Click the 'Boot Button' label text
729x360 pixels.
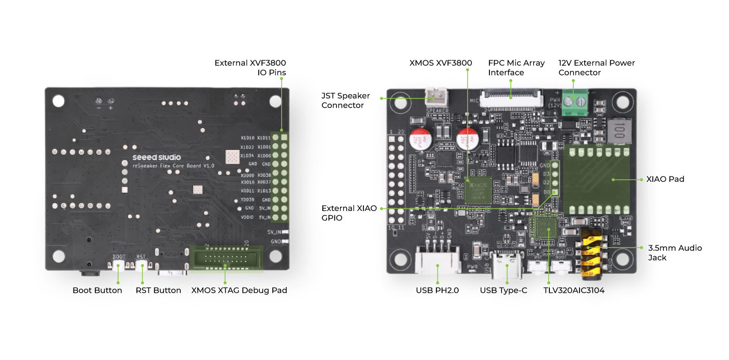tap(97, 290)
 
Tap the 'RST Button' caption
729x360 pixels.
tap(158, 290)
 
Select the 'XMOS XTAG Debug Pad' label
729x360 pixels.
tap(239, 290)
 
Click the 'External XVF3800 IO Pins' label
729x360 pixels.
tap(250, 68)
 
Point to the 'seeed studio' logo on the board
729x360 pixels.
tap(157, 157)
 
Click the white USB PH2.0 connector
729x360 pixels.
tap(438, 260)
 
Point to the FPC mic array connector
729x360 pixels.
tap(511, 97)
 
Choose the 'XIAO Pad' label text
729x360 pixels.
tap(665, 179)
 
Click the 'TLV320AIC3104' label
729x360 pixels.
tap(574, 290)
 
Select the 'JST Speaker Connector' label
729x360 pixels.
tap(346, 101)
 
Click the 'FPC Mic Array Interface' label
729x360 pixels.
tap(516, 68)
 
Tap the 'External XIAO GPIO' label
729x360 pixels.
tap(349, 213)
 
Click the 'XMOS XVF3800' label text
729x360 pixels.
tap(441, 63)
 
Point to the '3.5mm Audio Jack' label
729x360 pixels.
tap(675, 253)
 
